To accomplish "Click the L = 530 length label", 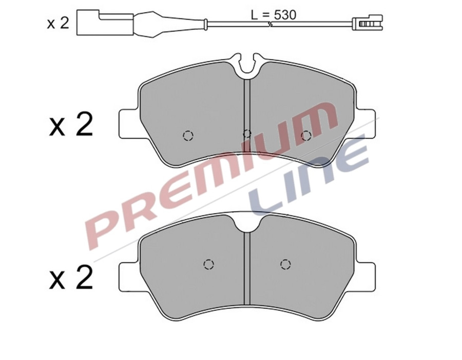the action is coord(273,15).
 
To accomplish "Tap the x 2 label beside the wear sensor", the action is coord(57,23).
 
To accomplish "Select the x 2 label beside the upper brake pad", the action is coord(71,125).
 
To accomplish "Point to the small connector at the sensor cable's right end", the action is coord(368,23).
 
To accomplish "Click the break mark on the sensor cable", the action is coord(269,23).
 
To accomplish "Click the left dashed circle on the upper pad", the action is coord(188,135).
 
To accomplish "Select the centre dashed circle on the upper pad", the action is coord(246,134).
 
